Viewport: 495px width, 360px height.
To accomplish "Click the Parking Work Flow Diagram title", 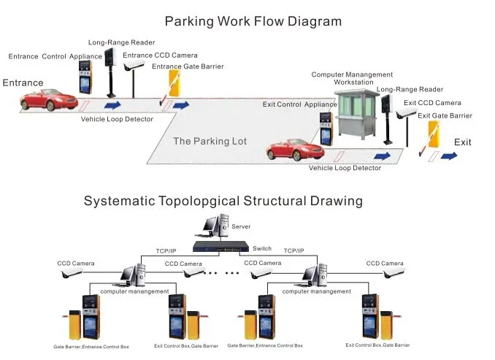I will [253, 21].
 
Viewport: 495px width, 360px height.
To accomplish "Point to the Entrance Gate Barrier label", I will [188, 66].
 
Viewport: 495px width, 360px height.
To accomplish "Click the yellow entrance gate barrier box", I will [175, 82].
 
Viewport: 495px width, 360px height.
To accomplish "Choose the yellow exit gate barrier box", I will [434, 137].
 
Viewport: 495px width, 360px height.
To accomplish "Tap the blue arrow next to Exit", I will [448, 156].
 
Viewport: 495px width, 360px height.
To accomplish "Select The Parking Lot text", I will [210, 141].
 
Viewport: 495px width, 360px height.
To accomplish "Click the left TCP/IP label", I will [170, 250].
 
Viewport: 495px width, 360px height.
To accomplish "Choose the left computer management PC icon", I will [132, 275].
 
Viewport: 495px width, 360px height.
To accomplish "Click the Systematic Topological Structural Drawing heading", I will [223, 200].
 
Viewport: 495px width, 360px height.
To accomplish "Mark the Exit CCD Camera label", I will [432, 103].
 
